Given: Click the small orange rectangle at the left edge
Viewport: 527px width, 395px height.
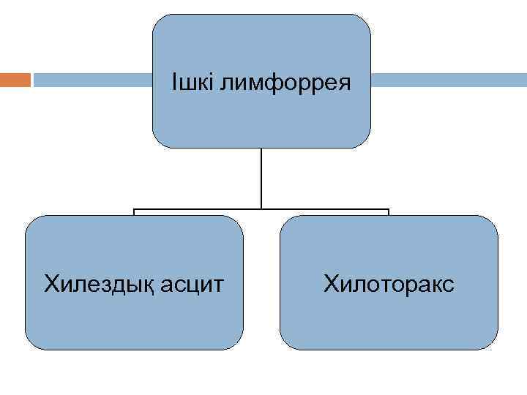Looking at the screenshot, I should (15, 80).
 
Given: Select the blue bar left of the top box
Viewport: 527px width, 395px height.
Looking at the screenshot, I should (92, 80).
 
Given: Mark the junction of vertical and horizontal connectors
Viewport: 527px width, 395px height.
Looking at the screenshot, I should (261, 209).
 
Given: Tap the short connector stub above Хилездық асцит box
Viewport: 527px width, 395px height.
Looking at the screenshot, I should (134, 212).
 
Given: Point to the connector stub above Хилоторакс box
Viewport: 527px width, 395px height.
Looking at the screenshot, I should (389, 212).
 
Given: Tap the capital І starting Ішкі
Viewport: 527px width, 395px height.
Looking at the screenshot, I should (173, 82).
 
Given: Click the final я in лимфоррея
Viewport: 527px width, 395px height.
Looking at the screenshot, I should (345, 84).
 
